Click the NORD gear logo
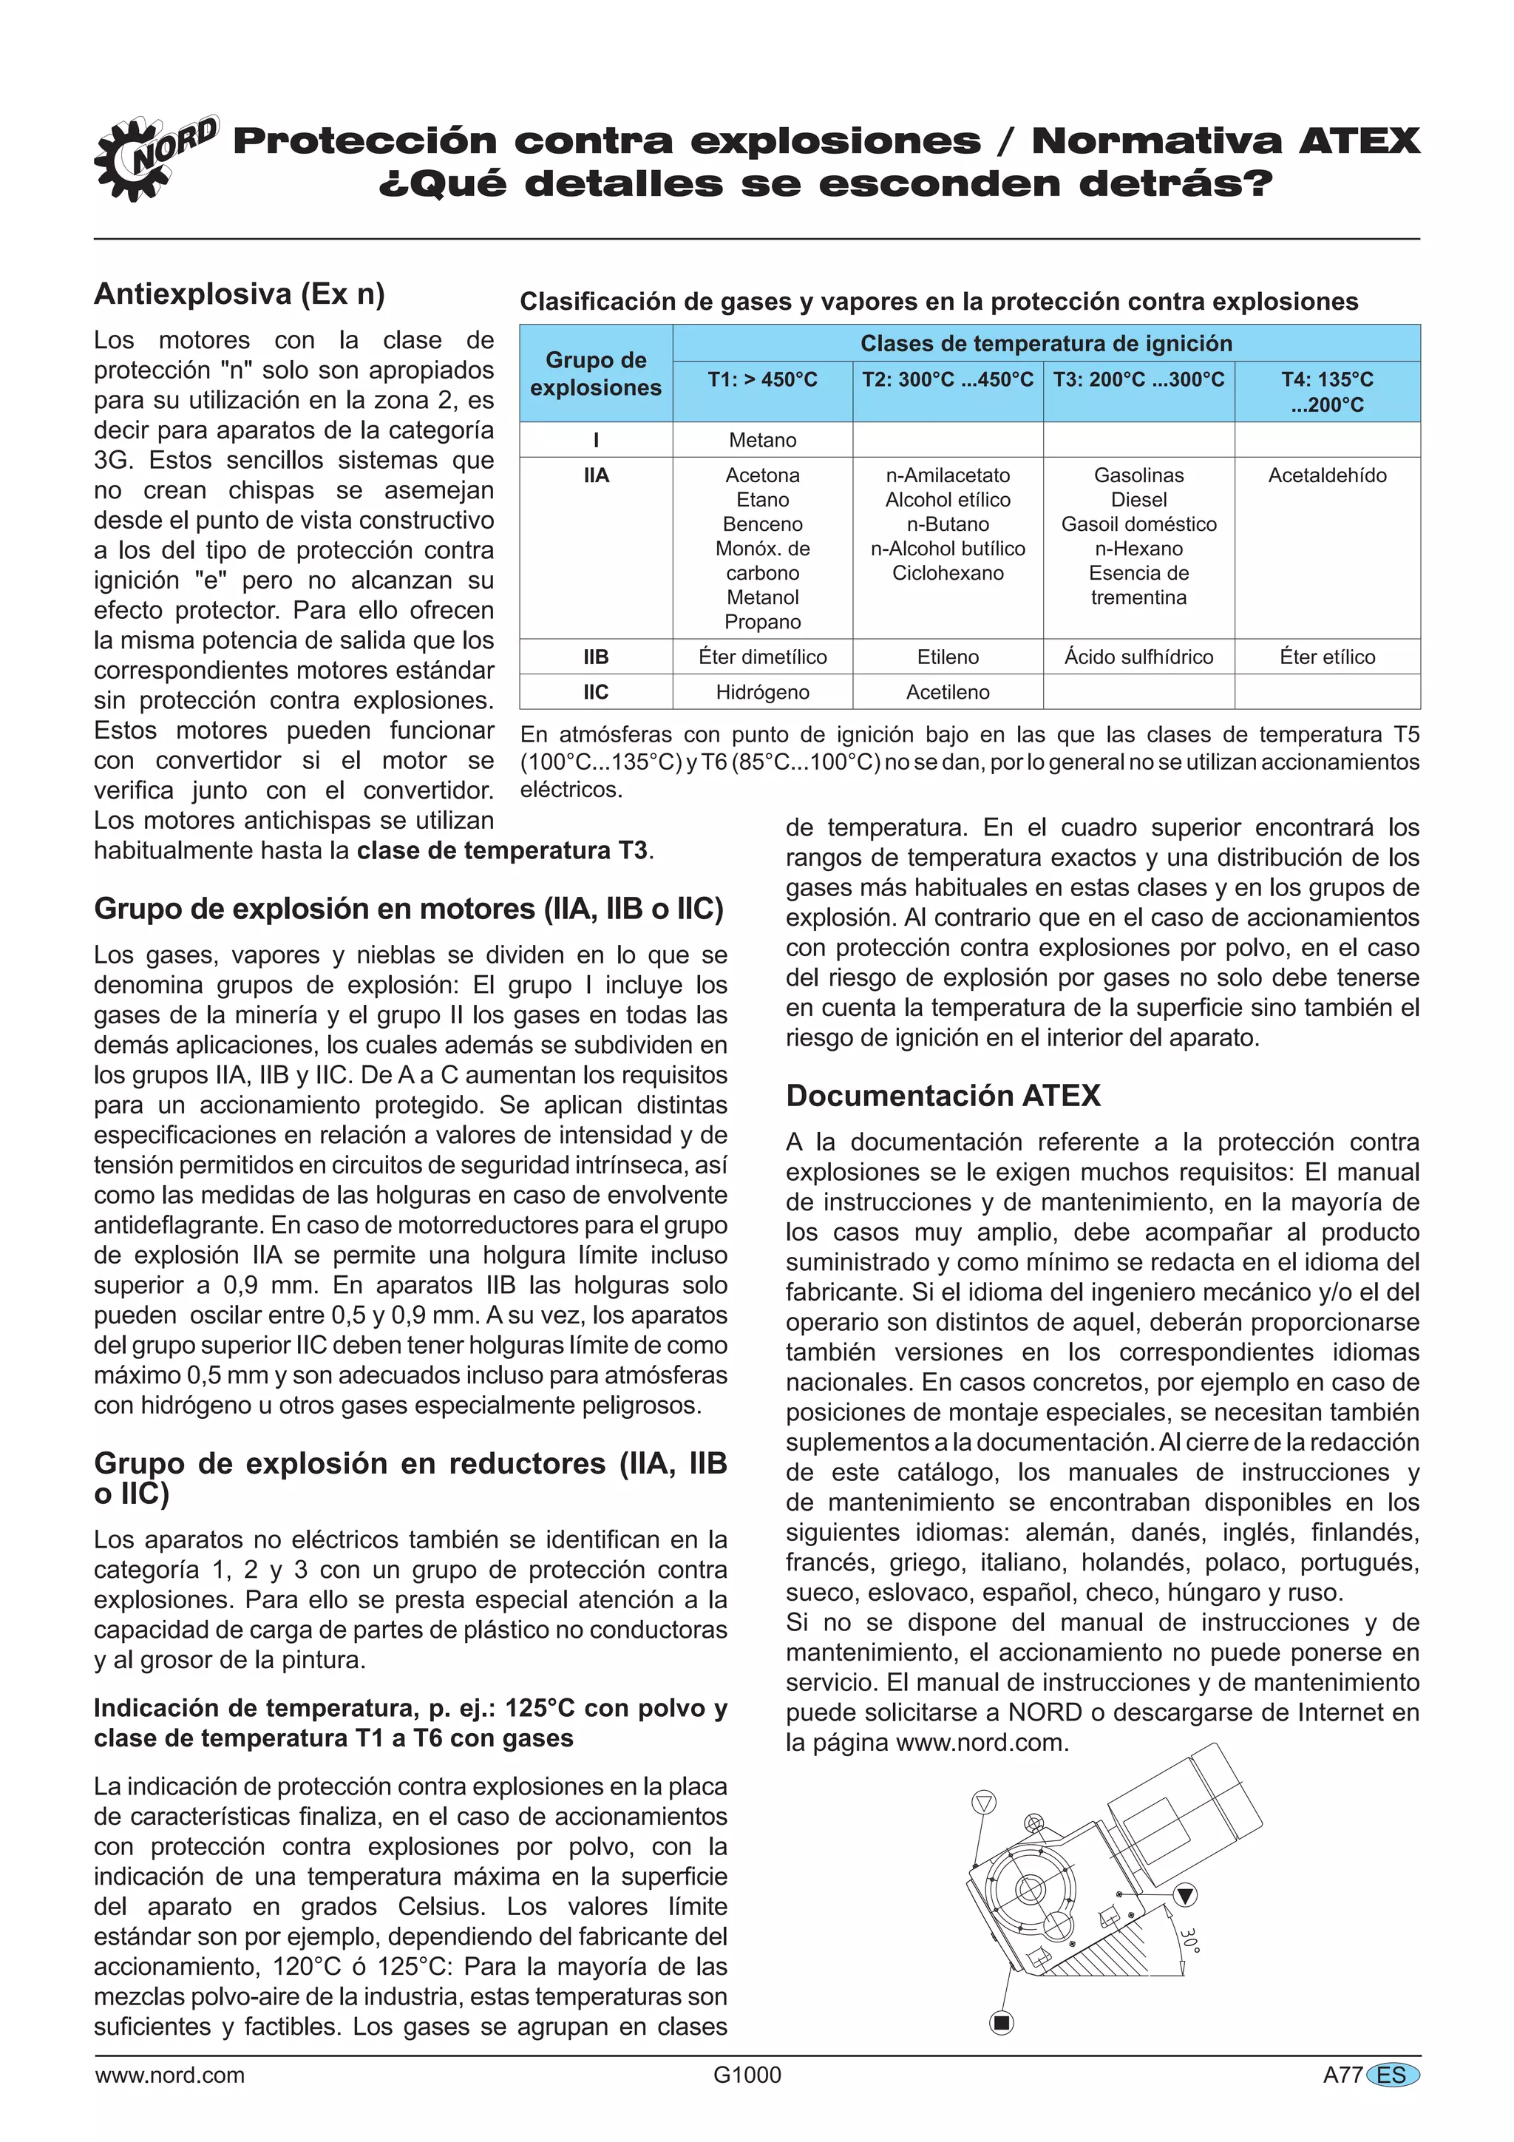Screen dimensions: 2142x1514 click(154, 158)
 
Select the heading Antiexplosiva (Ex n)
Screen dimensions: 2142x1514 click(239, 294)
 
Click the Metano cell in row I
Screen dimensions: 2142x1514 click(762, 439)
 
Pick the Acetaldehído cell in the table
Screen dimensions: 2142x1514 click(1326, 475)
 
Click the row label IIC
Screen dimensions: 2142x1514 click(595, 692)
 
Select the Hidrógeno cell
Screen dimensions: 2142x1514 click(762, 692)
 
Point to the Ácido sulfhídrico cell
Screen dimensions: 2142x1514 click(1138, 657)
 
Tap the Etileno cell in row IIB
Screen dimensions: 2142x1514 click(947, 657)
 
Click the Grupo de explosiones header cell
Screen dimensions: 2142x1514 click(595, 373)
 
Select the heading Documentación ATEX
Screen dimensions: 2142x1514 click(942, 1095)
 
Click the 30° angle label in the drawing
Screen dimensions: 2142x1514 click(1189, 1940)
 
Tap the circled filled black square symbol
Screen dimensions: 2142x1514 click(1001, 2022)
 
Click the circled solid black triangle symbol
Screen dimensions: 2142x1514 click(1185, 1895)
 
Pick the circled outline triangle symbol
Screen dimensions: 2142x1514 click(984, 1801)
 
